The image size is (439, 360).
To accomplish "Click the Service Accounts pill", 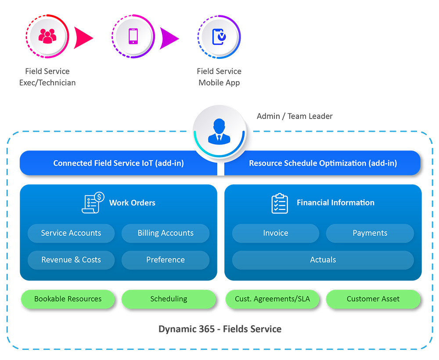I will coord(71,233).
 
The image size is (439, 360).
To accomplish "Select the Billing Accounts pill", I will coord(166,233).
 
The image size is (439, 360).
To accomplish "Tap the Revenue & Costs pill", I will coord(71,260).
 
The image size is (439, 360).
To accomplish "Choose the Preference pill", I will coord(166,260).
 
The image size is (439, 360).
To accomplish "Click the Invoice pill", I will coord(276,233).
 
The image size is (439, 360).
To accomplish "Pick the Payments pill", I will coord(370,233).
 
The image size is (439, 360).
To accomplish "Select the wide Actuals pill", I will coord(323,260).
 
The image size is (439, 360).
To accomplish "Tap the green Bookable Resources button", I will coord(68,299).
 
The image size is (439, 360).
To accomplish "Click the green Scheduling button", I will coord(169,299).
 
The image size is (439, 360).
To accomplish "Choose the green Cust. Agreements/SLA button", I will coord(272,299).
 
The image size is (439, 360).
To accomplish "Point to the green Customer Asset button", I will coord(373,299).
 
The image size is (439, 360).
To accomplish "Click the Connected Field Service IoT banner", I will coord(119,163).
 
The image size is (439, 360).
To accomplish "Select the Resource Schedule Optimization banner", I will coord(323,163).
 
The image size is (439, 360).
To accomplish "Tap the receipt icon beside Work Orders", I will coord(93,203).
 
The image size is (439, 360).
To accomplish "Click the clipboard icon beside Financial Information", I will coord(280,203).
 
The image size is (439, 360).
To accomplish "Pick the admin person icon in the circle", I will coord(219,131).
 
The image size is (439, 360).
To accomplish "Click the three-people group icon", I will coord(47,36).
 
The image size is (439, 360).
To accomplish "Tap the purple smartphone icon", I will coord(133,36).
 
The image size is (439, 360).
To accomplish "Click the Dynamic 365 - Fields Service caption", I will coord(220,329).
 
